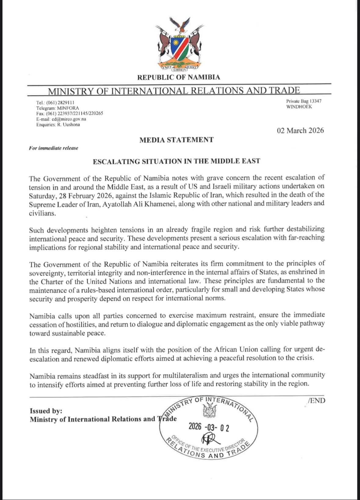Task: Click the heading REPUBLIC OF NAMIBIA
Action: pyautogui.click(x=179, y=77)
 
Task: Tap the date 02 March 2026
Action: pyautogui.click(x=300, y=131)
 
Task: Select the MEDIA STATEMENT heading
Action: pyautogui.click(x=176, y=140)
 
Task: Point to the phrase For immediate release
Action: pyautogui.click(x=53, y=148)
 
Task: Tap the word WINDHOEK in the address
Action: pyautogui.click(x=299, y=107)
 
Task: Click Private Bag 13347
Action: pyautogui.click(x=304, y=101)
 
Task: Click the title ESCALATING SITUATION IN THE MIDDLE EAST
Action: pyautogui.click(x=176, y=161)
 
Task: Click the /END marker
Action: pyautogui.click(x=317, y=400)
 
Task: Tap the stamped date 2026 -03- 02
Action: pyautogui.click(x=209, y=427)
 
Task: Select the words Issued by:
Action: pyautogui.click(x=46, y=411)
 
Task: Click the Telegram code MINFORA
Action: pyautogui.click(x=68, y=108)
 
